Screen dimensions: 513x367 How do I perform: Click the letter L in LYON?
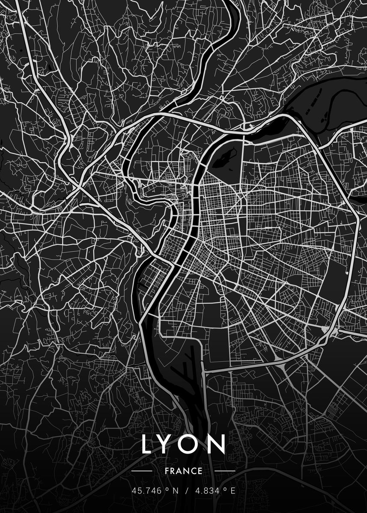(148, 444)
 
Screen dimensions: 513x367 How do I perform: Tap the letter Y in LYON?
(170, 444)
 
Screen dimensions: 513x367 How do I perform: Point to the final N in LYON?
(218, 444)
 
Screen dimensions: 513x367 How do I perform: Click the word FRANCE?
(183, 471)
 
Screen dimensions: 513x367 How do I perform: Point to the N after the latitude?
(175, 490)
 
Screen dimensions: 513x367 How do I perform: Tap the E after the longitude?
(233, 490)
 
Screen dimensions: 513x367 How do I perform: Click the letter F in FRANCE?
(167, 471)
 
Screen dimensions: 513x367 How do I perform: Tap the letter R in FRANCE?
(173, 471)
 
